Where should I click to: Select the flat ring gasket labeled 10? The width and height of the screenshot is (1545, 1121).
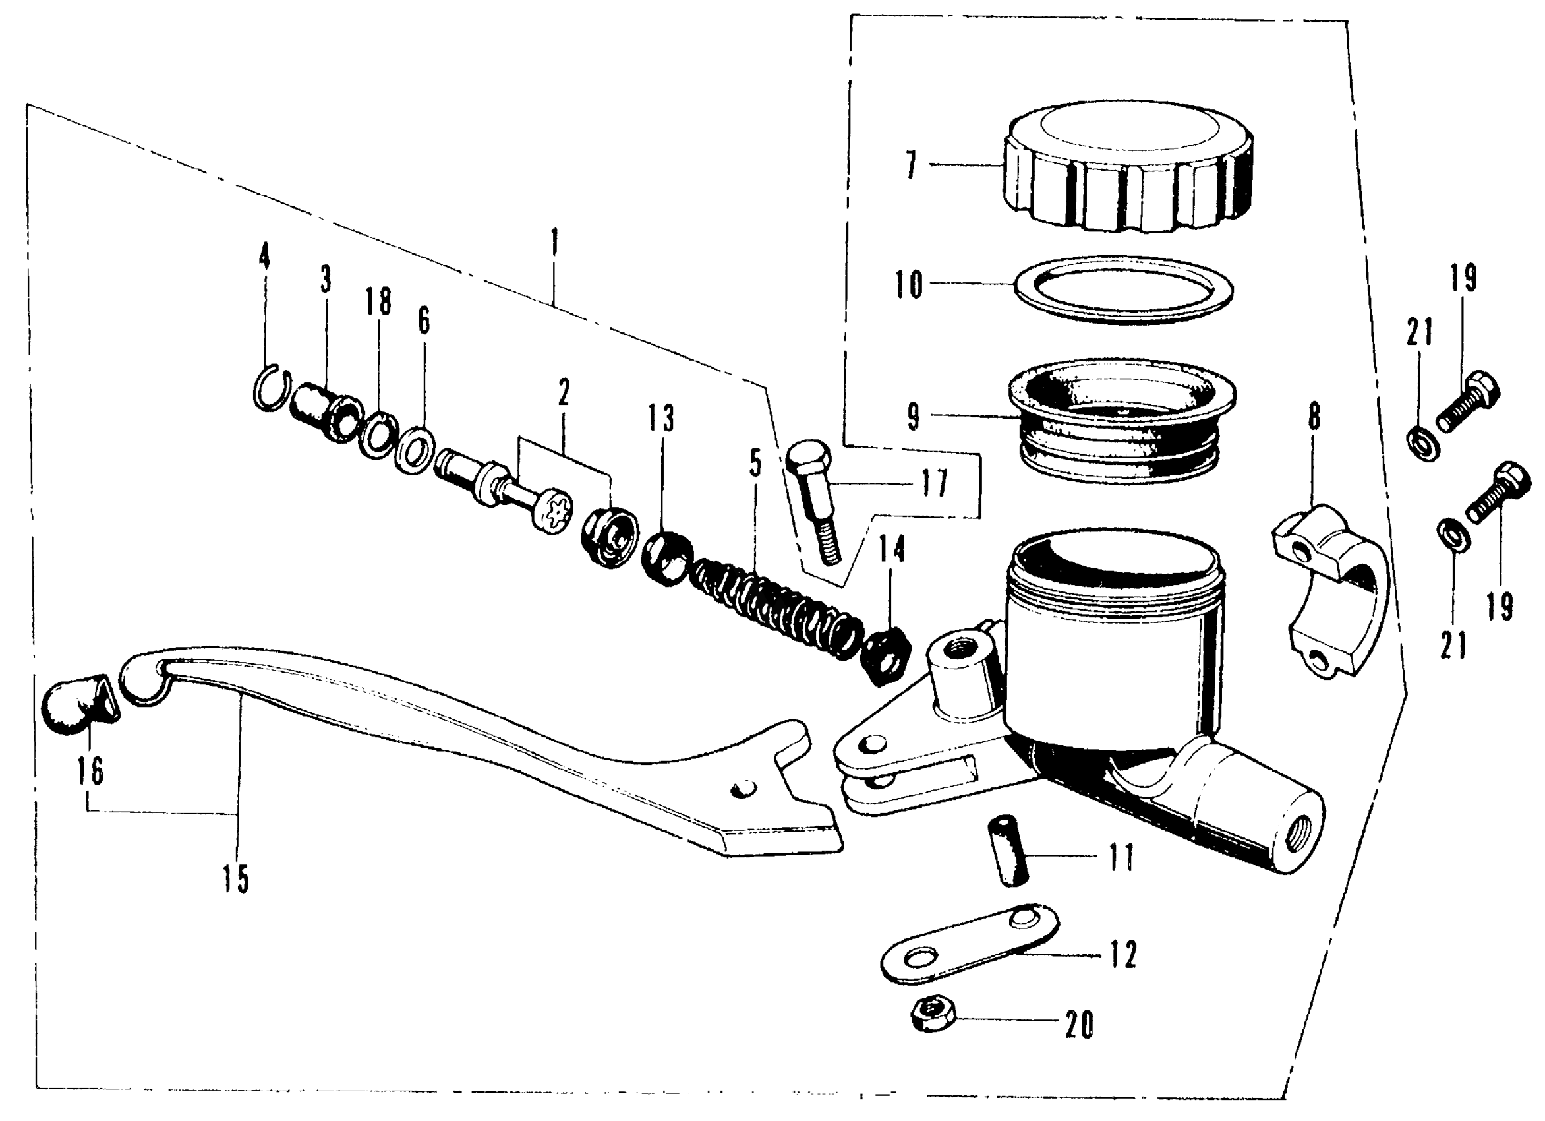coord(1123,289)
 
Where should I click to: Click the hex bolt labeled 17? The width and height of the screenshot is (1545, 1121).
coord(814,504)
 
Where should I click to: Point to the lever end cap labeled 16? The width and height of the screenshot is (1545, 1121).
coord(80,706)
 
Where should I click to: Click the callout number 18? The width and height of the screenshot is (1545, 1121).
coord(379,301)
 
